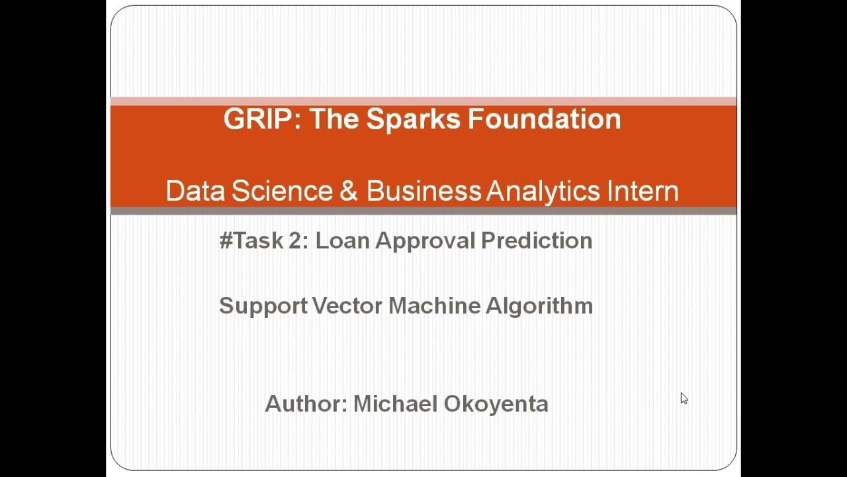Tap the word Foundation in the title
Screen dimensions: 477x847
[545, 119]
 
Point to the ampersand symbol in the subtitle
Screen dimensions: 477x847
[349, 191]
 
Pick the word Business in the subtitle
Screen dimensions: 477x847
[423, 191]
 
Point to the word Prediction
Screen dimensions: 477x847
[537, 240]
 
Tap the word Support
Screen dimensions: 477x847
[263, 306]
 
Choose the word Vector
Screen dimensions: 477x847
[347, 306]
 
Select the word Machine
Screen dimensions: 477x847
[434, 306]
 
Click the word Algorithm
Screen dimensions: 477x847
[539, 306]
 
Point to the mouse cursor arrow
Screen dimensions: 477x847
[684, 398]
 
